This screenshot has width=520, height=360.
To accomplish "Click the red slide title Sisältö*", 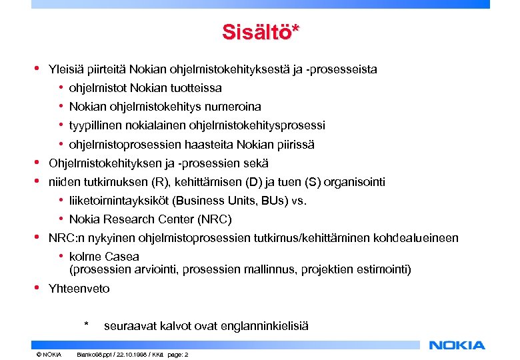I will coord(261,33).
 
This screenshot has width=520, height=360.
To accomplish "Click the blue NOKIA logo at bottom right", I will coord(457,345).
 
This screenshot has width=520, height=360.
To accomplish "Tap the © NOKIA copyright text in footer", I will coord(49,354).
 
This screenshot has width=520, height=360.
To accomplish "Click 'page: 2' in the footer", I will coord(176,354).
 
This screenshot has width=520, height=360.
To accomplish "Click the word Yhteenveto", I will coord(79,289).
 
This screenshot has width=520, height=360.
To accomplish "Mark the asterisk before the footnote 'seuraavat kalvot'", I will coord(86,325).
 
